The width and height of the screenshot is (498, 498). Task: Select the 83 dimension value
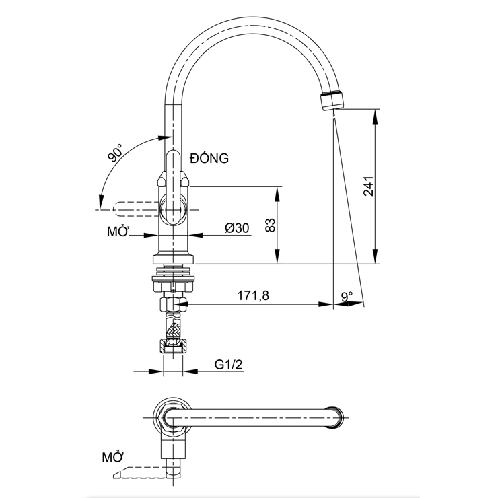click(x=270, y=225)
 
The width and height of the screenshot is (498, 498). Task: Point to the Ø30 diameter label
click(x=237, y=228)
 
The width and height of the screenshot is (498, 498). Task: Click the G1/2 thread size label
click(x=229, y=364)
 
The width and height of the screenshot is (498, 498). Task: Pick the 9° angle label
click(x=347, y=295)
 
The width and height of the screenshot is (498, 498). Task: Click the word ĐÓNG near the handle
click(x=209, y=159)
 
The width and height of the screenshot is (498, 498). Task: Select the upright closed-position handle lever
click(x=174, y=175)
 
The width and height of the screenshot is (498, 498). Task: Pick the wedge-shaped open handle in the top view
click(x=138, y=472)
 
